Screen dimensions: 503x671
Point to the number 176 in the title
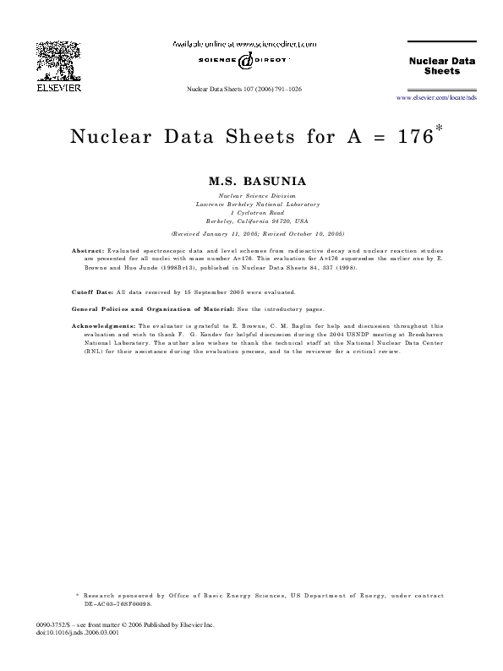(415, 138)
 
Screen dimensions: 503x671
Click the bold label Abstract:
(89, 252)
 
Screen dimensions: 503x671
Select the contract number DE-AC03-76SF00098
(117, 604)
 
